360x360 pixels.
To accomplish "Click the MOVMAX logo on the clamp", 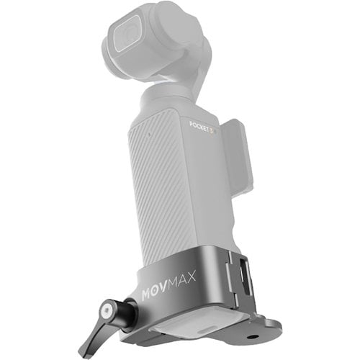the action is (x=168, y=285).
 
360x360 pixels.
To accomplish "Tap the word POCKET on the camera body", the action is (x=199, y=127).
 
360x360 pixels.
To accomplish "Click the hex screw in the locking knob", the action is (x=107, y=310).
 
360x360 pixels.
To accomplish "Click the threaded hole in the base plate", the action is (x=251, y=337).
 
